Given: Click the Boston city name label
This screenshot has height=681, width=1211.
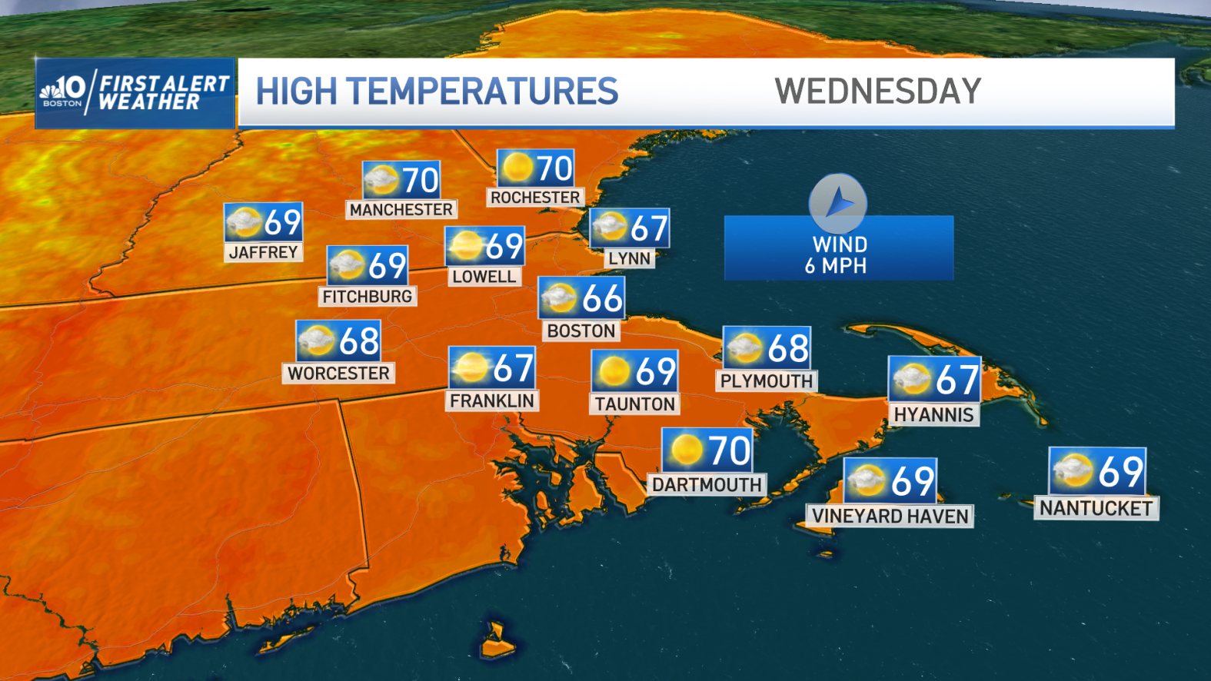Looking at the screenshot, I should (x=581, y=331).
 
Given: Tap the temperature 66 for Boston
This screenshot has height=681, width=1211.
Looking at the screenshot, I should (x=601, y=298).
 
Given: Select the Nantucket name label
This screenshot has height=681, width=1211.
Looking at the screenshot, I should (x=1096, y=508).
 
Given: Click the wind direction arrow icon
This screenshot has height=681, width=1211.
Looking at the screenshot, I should (x=838, y=204).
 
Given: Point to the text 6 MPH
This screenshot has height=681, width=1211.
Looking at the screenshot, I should (x=836, y=266).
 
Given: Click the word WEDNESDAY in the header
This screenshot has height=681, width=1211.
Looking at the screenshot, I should (x=877, y=91).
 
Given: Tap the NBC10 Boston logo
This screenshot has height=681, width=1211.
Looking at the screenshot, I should (x=64, y=91).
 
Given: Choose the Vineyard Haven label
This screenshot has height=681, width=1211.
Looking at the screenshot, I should (x=890, y=516).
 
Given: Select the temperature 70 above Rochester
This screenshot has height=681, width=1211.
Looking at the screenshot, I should (x=554, y=168).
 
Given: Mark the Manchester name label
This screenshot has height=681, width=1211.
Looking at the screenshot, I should (x=401, y=209).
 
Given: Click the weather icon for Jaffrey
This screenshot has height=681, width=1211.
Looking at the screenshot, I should (x=244, y=223).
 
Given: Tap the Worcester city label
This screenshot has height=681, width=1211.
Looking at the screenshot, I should (x=338, y=373).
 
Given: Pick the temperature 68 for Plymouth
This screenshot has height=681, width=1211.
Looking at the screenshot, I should (x=787, y=348).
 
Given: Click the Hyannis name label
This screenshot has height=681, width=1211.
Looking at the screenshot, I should (x=933, y=414).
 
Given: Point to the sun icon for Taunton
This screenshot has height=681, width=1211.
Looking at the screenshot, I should (x=614, y=372).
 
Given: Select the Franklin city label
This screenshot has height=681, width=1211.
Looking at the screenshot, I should (x=491, y=400).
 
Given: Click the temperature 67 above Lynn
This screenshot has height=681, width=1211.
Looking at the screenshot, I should (x=649, y=228).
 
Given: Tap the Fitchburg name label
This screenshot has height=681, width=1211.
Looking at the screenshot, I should (x=368, y=296).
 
